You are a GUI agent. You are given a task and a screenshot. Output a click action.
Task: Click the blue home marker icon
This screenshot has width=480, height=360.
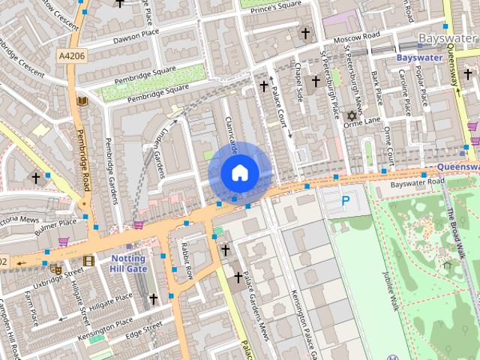click(x=239, y=172)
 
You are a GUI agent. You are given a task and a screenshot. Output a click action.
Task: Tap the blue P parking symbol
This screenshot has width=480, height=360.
click(x=345, y=200)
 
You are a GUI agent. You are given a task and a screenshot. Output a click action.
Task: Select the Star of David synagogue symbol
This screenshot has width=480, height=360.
click(x=351, y=116)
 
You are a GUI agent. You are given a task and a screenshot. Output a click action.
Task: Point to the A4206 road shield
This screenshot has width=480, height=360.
click(x=70, y=55)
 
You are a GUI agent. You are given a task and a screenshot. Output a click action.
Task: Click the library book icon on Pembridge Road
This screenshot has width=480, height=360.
click(x=82, y=100)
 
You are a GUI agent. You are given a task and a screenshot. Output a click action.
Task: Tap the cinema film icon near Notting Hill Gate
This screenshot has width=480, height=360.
click(x=89, y=260)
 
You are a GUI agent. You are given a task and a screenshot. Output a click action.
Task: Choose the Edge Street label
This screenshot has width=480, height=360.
click(x=143, y=328)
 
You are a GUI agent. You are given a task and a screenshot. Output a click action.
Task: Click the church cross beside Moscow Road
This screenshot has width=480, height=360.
click(x=305, y=33)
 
